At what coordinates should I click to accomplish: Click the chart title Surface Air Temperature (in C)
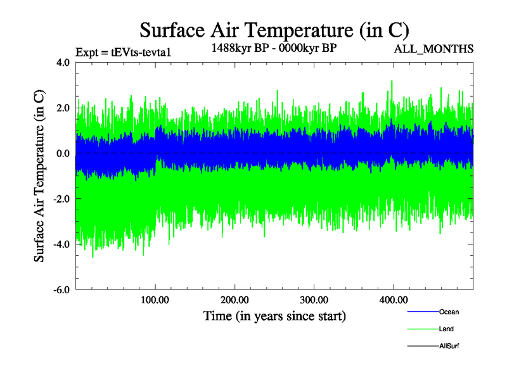[x=274, y=30]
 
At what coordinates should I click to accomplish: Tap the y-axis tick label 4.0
[x=63, y=63]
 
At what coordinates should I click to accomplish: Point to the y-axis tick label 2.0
[x=63, y=108]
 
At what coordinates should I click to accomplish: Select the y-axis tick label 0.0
[x=63, y=154]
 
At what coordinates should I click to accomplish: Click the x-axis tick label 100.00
[x=155, y=300]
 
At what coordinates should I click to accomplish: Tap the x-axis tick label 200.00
[x=234, y=300]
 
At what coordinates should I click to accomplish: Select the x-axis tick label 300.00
[x=314, y=300]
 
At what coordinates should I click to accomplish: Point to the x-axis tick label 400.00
[x=393, y=300]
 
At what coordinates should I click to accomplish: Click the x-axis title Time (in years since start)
[x=274, y=315]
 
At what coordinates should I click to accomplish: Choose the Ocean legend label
[x=449, y=312]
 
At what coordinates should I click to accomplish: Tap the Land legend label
[x=446, y=329]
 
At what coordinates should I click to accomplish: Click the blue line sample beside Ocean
[x=422, y=312]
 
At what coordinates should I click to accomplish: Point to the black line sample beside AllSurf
[x=422, y=346]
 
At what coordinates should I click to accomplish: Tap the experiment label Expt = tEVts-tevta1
[x=123, y=52]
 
